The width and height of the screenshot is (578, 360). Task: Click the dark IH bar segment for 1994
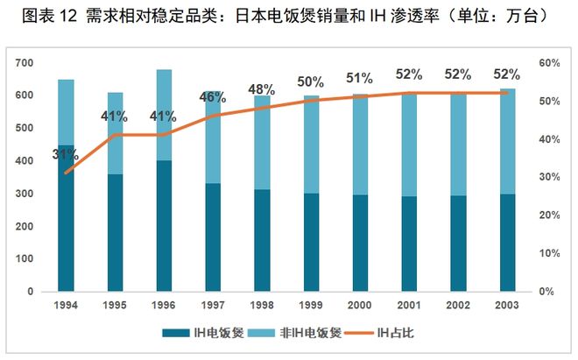(67, 219)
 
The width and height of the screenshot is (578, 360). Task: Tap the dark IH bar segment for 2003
(508, 243)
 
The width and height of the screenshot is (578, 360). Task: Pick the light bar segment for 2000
(361, 145)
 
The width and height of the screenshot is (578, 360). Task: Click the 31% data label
(65, 156)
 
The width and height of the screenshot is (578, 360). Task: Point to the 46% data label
(213, 97)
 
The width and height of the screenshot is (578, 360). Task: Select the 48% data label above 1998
(262, 89)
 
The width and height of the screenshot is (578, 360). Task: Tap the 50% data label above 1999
(311, 81)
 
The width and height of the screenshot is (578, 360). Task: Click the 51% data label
(361, 78)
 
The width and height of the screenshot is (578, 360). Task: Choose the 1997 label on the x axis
(213, 304)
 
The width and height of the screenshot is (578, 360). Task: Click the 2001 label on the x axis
(409, 304)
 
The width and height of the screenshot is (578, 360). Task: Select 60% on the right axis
(549, 63)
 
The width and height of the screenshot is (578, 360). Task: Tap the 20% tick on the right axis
(549, 215)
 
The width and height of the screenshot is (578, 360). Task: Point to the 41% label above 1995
(115, 116)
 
